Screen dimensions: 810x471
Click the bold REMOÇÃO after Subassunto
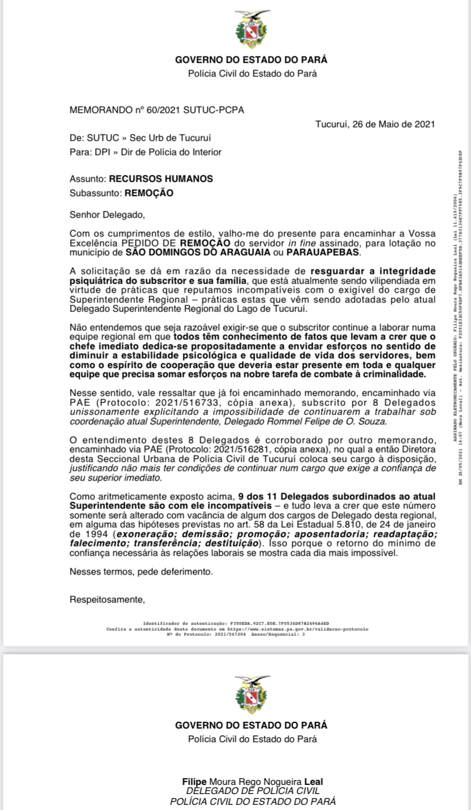(149, 193)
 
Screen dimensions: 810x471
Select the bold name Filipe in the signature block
(193, 782)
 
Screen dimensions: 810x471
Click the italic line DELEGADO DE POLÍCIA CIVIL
(253, 791)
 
